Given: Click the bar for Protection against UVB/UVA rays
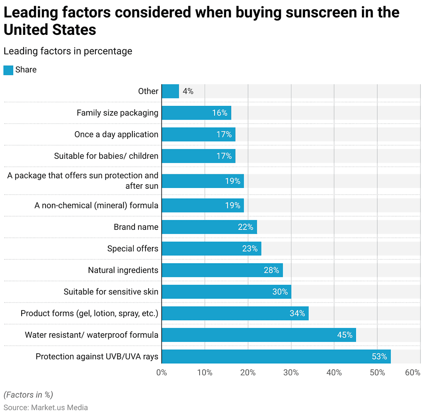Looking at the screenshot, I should pos(276,356).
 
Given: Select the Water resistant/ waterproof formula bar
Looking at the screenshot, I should pos(259,335).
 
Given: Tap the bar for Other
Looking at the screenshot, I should pos(170,91).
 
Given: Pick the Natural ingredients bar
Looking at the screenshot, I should pos(222,270).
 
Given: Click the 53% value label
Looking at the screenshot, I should pos(379,356).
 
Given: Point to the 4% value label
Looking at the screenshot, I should pos(188,91).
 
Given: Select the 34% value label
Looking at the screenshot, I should pos(297,313).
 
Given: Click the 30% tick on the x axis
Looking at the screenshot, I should pos(291,373).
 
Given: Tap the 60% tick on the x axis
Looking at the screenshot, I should pos(413,373).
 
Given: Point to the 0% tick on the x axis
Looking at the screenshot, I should pos(161,373).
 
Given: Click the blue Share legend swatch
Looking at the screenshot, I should pos(8,70).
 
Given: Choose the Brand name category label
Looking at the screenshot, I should pos(136,227).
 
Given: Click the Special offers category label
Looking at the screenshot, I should pos(132,249).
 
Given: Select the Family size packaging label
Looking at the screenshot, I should pos(117,113).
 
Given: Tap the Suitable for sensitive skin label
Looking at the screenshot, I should pos(111,292).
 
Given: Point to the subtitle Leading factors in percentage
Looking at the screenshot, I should pos(68,51).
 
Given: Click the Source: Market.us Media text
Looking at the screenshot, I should pos(46,408).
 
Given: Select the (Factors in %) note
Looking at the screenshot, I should pos(28,395).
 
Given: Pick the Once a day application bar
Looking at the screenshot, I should pos(198,134).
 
